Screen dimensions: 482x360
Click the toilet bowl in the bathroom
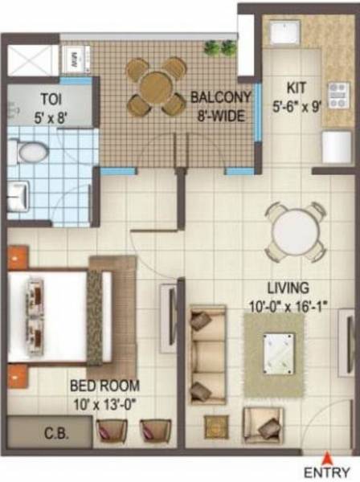[30, 151]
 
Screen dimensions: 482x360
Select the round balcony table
[156, 85]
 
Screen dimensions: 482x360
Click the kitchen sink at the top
[284, 34]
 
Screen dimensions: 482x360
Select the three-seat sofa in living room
[207, 353]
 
